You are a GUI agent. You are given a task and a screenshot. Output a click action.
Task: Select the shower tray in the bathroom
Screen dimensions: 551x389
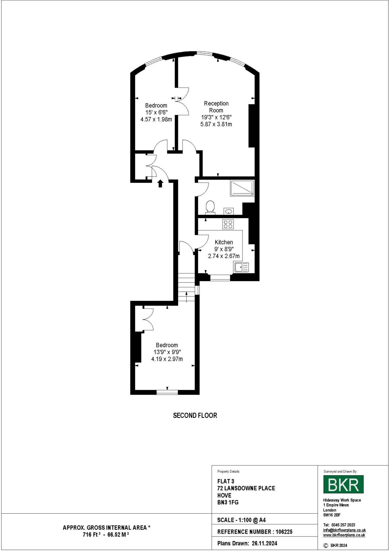pyautogui.click(x=242, y=188)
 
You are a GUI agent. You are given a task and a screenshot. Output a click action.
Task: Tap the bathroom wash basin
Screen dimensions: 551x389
pyautogui.click(x=229, y=211)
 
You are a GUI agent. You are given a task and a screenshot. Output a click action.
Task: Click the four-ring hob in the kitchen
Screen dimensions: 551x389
pyautogui.click(x=228, y=224)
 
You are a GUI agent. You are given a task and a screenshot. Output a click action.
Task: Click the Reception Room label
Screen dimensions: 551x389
pyautogui.click(x=216, y=107)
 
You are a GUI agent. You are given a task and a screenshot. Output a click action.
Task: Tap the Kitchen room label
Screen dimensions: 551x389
pyautogui.click(x=224, y=242)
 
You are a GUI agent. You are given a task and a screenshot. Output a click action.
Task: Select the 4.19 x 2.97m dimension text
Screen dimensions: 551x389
pyautogui.click(x=167, y=359)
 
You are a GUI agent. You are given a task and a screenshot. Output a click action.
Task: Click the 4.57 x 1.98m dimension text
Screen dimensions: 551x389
pyautogui.click(x=156, y=119)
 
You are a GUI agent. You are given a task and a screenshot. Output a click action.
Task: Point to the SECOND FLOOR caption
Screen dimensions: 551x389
pyautogui.click(x=195, y=415)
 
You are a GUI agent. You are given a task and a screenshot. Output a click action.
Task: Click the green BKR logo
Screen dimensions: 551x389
pyautogui.click(x=343, y=484)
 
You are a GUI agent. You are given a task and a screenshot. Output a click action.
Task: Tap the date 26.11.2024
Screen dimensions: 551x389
pyautogui.click(x=264, y=543)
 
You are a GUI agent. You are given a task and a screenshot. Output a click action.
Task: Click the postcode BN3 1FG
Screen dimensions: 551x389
pyautogui.click(x=228, y=502)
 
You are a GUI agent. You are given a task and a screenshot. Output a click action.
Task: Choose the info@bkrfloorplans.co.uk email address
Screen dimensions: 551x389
pyautogui.click(x=344, y=530)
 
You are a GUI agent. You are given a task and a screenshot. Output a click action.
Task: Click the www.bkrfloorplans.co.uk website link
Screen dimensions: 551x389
pyautogui.click(x=344, y=535)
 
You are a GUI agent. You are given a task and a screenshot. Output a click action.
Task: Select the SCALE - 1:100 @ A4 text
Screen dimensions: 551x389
pyautogui.click(x=241, y=520)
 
